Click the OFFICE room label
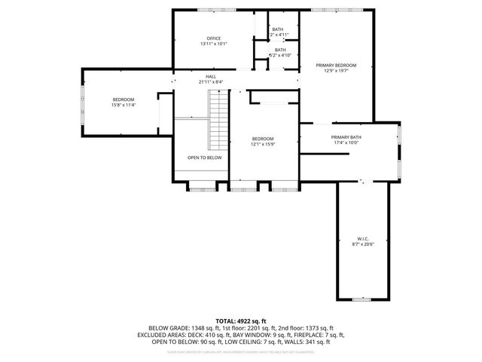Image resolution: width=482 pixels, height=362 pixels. click(214, 38)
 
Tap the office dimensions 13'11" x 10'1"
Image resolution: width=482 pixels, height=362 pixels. click(214, 44)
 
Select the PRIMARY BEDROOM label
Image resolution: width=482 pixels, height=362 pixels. click(336, 66)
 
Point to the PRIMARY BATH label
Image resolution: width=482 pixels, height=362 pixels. click(346, 137)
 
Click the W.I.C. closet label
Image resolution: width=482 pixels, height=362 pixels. click(362, 238)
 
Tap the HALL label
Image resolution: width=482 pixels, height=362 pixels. click(211, 76)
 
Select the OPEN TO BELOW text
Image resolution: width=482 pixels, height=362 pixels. click(205, 158)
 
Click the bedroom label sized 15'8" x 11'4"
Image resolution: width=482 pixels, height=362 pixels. click(124, 100)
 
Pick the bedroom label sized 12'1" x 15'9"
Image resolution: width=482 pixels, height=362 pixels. click(263, 139)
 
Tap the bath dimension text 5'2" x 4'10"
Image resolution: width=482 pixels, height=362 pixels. click(279, 56)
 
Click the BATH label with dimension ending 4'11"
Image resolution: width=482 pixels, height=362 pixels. click(279, 29)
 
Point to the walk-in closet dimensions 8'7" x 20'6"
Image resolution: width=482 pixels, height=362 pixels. click(362, 244)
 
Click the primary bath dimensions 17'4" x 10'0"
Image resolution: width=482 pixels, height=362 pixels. click(346, 143)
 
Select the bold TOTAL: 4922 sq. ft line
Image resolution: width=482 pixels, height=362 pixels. click(241, 321)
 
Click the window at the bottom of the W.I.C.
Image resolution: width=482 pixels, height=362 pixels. click(362, 300)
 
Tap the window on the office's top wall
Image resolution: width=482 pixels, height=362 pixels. click(214, 10)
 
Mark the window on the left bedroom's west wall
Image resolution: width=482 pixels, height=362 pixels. click(82, 102)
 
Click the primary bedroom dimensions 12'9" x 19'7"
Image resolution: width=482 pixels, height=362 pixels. click(336, 72)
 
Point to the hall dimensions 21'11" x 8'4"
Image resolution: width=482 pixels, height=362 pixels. click(211, 81)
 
